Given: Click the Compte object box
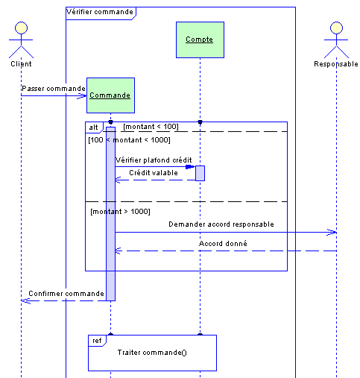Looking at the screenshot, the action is click(x=200, y=40).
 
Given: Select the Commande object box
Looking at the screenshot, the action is click(x=110, y=95).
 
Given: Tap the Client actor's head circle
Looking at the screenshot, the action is click(x=21, y=28).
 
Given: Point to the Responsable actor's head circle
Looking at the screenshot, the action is click(x=336, y=28).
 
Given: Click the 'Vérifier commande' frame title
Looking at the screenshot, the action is click(x=100, y=12).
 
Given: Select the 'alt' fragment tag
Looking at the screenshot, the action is click(x=93, y=127).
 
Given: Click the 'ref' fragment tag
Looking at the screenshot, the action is click(x=97, y=341).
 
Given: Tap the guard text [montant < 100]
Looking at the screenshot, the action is click(x=151, y=127).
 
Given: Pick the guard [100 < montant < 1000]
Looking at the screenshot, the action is click(x=129, y=140).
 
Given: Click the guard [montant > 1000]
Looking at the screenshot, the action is click(x=120, y=212).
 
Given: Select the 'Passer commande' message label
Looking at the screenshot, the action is click(x=54, y=89).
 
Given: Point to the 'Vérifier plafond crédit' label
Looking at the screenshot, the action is click(x=154, y=160).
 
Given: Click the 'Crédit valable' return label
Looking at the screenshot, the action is click(x=154, y=172).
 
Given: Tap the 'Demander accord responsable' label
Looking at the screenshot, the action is click(x=221, y=224).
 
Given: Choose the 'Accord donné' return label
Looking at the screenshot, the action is click(x=223, y=243).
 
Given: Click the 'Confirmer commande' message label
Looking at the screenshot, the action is click(x=66, y=294).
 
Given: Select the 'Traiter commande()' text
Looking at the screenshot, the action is click(x=152, y=353).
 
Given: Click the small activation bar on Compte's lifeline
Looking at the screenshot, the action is click(x=200, y=173).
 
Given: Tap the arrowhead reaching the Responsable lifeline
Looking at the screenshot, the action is click(x=332, y=233).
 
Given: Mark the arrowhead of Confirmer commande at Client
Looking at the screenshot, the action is click(x=26, y=301).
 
